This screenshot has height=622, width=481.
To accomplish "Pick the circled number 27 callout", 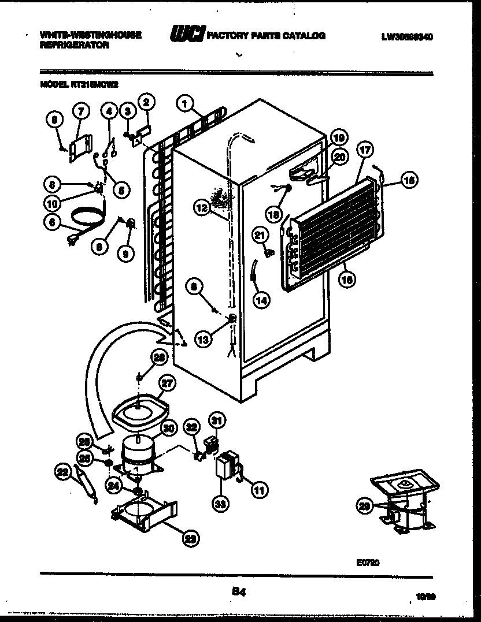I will pos(167,382).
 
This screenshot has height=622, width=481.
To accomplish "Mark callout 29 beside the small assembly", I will pos(364,506).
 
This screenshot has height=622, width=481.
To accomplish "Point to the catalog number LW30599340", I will pos(407,36).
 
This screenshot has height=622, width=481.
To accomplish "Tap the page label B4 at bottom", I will pos(237,590).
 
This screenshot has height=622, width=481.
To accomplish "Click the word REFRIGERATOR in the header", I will pos(75,44).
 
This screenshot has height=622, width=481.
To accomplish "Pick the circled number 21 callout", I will pos(260,234).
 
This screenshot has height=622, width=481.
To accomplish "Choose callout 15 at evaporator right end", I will pos(408,180).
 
